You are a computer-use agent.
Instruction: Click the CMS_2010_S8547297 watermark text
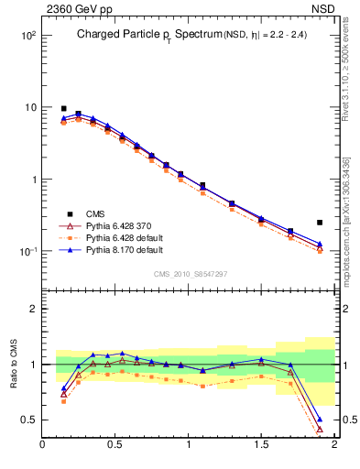[x=190, y=274]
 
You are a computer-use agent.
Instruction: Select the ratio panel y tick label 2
[x=32, y=309]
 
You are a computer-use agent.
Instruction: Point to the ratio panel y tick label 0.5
[x=28, y=420]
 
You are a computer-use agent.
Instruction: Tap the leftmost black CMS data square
[x=63, y=108]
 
